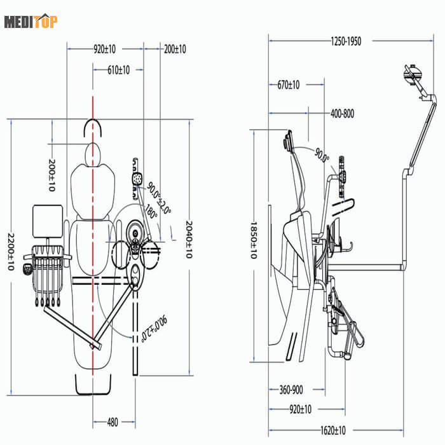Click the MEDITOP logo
point(31,22)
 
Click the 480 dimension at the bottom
point(112,421)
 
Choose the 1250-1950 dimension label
point(346,41)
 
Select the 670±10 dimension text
point(289,84)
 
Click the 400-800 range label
point(343,114)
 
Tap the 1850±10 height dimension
point(253,240)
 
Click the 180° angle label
point(151,212)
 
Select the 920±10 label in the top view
point(105,49)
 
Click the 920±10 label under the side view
point(296,410)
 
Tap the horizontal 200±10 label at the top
point(175,49)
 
